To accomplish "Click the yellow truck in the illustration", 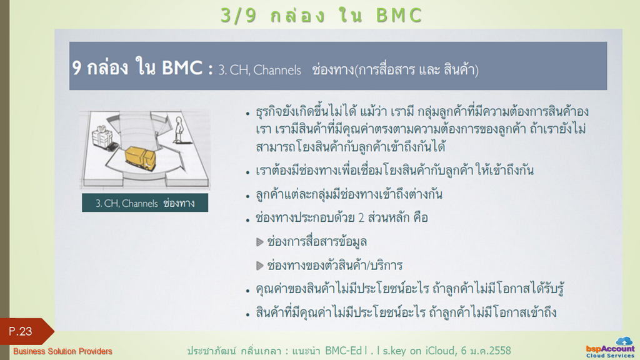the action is (141, 157).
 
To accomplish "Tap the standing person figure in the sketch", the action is (178, 130).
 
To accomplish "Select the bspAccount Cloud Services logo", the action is (610, 347).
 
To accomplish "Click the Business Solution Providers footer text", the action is (62, 351).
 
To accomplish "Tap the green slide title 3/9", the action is (238, 16).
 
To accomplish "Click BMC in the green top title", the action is (399, 16).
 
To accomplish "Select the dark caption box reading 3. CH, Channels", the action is (145, 203).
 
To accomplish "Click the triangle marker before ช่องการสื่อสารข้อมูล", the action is (259, 242).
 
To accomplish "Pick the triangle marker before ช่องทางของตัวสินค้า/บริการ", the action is (259, 266).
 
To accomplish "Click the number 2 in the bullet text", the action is (361, 217).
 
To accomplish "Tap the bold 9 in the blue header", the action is (77, 67).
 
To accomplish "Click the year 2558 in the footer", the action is (500, 351).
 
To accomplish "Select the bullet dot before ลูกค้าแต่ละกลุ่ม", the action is (247, 196).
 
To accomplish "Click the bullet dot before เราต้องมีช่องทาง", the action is (247, 172).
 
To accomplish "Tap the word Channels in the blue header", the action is (277, 70).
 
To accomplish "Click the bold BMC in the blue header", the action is (182, 67).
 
